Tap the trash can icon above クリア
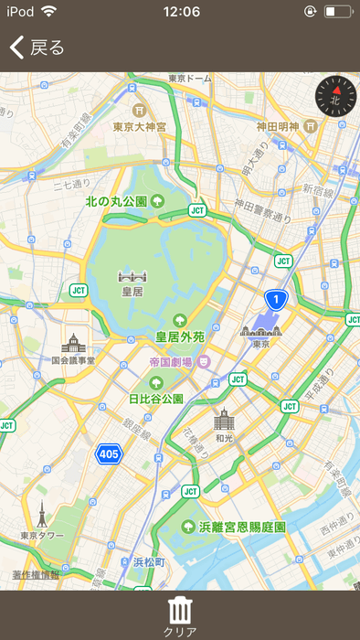[180, 608]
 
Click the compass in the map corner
[334, 96]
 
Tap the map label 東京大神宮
[139, 127]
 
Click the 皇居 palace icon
[132, 276]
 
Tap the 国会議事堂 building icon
[73, 345]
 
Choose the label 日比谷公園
[156, 399]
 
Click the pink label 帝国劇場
[178, 362]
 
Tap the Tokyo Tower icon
[42, 516]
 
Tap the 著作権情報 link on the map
[36, 574]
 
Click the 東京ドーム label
[190, 79]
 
